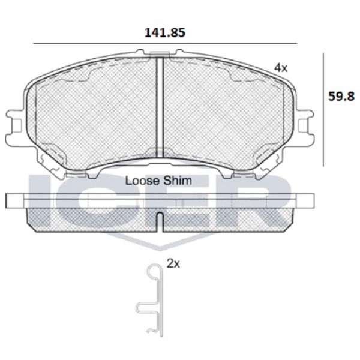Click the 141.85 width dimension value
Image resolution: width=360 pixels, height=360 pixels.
[x=164, y=32]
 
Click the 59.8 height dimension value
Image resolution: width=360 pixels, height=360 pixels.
[x=341, y=96]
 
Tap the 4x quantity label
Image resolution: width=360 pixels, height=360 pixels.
[x=281, y=68]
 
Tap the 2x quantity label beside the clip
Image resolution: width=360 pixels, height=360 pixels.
[x=173, y=264]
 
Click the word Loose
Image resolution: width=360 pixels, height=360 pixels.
[x=142, y=181]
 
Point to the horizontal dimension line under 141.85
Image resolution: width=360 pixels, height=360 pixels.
[x=165, y=43]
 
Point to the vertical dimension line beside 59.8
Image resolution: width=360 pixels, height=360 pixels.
[x=323, y=110]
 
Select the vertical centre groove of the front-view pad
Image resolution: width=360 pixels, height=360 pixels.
[x=160, y=107]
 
